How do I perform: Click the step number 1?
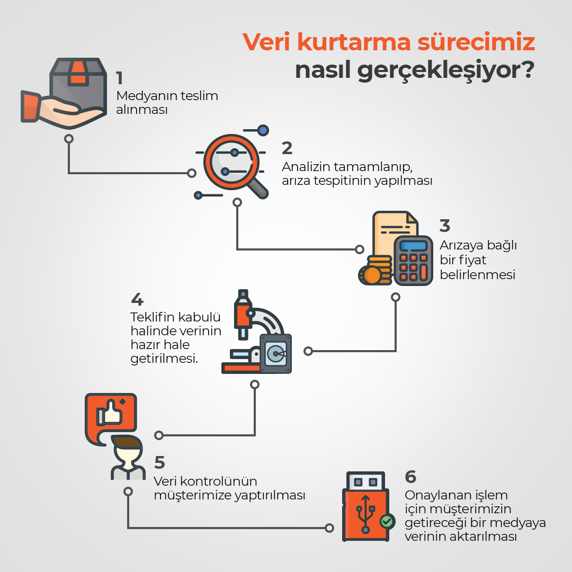(x=119, y=78)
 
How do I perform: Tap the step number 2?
(x=287, y=148)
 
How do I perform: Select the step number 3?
(x=445, y=226)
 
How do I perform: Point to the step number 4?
(x=137, y=299)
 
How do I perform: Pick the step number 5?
(x=159, y=462)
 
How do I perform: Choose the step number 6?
(x=410, y=477)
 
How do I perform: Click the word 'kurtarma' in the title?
(x=354, y=42)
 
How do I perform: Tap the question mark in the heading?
(x=526, y=69)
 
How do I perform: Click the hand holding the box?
(x=58, y=110)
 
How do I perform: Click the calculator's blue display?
(x=413, y=246)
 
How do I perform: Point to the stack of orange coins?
(x=376, y=270)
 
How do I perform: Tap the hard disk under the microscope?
(x=276, y=353)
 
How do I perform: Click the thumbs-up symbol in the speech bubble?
(x=109, y=413)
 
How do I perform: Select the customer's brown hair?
(x=126, y=442)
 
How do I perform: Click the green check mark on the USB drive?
(x=387, y=521)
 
